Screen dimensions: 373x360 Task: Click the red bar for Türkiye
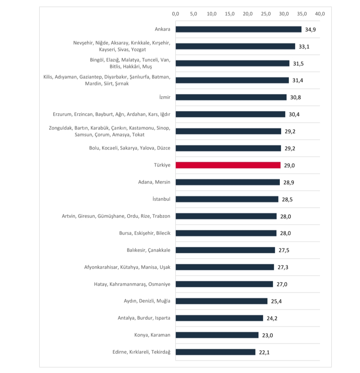228,165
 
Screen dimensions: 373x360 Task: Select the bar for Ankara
238,29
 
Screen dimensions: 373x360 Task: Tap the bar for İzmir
231,97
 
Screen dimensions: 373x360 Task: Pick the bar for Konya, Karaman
217,335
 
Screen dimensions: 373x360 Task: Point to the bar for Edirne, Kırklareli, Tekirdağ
215,352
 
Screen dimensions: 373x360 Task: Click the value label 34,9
311,29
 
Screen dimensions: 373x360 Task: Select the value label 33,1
304,46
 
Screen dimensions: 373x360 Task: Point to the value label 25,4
277,301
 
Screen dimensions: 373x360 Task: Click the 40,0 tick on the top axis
320,14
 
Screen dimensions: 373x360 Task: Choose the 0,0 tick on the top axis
176,14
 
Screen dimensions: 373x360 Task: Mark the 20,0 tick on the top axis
248,14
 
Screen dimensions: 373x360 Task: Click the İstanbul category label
161,199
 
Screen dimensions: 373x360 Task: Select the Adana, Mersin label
154,182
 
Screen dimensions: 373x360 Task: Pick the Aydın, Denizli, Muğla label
147,301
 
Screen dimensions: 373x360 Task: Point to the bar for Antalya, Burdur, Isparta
219,318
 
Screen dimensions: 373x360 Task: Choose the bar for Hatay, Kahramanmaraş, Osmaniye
224,284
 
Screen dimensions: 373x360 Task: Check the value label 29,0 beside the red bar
289,165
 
